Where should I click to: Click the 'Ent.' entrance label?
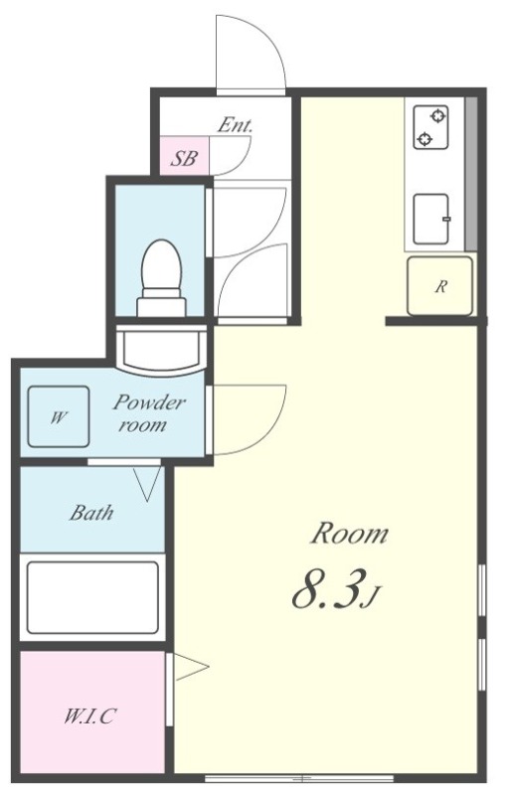pos(235,125)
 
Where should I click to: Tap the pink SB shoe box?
pos(185,155)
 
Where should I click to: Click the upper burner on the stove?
pos(437,116)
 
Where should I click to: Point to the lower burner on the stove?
pos(423,138)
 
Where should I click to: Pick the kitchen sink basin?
pos(431,219)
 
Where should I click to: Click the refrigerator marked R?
pos(440,286)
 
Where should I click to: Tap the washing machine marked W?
pos(59,416)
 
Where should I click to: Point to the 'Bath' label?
pos(91,513)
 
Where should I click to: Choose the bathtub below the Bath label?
pos(92,597)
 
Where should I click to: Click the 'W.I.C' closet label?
pos(90,715)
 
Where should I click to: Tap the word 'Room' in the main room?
pos(349,534)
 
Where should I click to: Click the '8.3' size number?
pos(329,589)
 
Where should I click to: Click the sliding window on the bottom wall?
pos(299,778)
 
